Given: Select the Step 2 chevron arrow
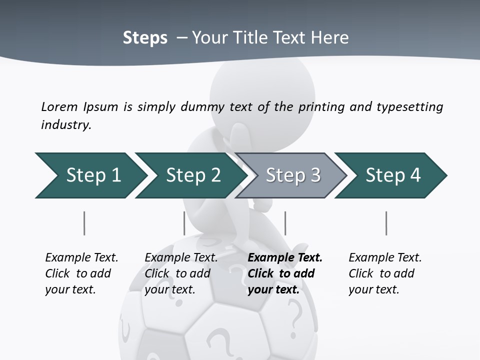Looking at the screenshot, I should point(192,175).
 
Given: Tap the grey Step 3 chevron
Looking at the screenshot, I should point(292,175).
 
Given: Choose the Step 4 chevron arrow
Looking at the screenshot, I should point(392,175).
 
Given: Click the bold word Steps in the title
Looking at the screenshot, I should point(145,38).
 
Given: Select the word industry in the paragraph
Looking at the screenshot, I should point(66,125).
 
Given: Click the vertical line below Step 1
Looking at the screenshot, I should point(84,223).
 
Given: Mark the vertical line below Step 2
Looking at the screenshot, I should point(184,223).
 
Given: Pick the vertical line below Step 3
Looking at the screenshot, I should point(285,223).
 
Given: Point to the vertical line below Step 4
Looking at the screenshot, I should point(386,223).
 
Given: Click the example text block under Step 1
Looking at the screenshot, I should point(81,273).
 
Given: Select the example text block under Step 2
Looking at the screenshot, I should point(180,273).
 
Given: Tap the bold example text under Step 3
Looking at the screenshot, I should point(284,273).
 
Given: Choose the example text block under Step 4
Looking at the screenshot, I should point(384,273).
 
